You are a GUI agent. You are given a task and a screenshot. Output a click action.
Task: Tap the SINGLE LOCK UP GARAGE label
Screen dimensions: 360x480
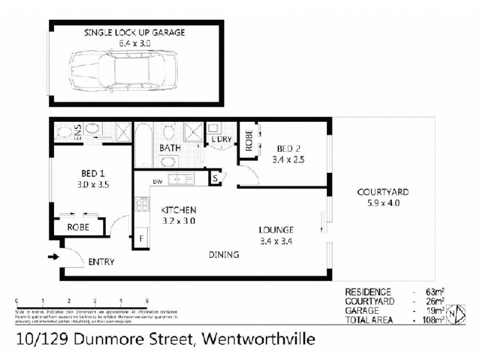[134, 32]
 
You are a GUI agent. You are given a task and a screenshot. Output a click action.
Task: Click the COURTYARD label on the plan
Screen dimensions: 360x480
[383, 193]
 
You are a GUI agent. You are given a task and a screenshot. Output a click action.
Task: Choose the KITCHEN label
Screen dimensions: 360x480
[178, 211]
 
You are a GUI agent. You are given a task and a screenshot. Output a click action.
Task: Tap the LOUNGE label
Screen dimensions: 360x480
[276, 230]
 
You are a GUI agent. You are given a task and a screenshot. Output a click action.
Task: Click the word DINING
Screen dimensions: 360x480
[224, 254]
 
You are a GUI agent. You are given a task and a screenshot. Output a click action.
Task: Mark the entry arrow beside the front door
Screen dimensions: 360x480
[53, 257]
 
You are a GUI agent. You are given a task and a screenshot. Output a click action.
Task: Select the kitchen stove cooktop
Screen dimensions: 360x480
[143, 205]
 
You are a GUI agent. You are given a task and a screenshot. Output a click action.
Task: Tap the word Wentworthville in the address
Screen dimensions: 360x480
[259, 340]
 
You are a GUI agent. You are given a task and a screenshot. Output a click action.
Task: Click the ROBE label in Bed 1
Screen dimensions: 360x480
[78, 228]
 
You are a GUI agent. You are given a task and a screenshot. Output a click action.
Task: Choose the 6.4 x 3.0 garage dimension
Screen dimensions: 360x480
[134, 43]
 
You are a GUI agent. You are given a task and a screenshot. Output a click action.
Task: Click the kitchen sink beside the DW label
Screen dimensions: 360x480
[181, 178]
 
